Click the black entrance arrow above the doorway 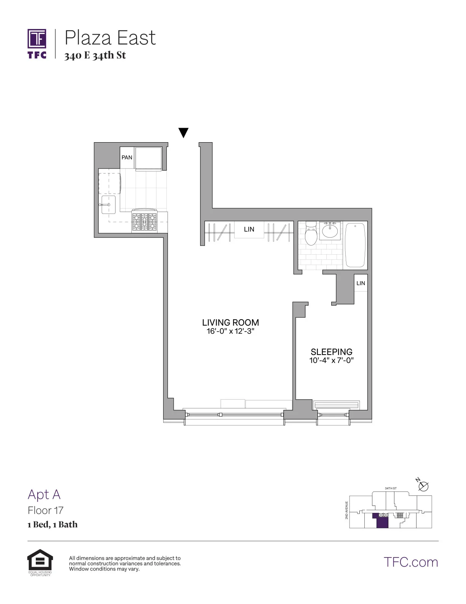point(184,132)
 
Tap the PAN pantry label point(127,157)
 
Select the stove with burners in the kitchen point(145,221)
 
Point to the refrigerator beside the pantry point(148,158)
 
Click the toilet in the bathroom point(311,234)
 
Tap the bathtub point(355,245)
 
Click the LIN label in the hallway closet point(249,229)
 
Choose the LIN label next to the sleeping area point(361,283)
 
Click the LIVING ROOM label point(230,323)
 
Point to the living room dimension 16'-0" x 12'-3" point(230,331)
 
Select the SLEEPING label point(331,352)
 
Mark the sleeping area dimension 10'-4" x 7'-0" point(331,360)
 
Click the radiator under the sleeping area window point(336,405)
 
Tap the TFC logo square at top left point(37,39)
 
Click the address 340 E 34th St point(95,56)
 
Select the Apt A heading point(44,495)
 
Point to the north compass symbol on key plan point(423,486)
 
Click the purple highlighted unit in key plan point(382,522)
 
